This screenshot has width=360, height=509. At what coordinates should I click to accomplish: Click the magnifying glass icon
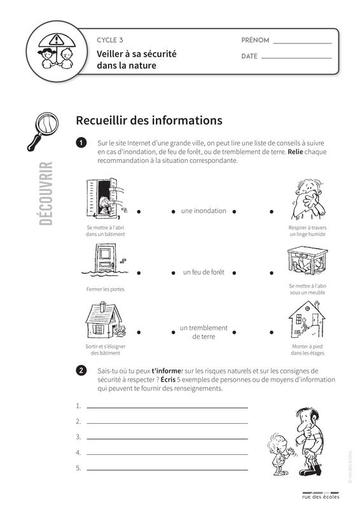click(43, 131)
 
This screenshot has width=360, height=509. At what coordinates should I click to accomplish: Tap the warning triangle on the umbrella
click(57, 39)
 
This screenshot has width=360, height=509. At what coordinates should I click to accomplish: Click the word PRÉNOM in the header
click(255, 40)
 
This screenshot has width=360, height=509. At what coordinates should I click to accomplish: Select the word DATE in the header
click(249, 56)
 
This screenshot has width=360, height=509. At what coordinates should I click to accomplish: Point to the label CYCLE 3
click(110, 40)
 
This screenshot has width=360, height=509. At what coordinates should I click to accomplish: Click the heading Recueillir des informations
click(149, 120)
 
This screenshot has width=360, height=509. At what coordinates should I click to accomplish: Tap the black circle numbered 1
click(81, 143)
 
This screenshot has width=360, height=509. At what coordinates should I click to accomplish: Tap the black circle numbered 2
click(81, 371)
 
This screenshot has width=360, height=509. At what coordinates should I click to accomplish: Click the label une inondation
click(204, 211)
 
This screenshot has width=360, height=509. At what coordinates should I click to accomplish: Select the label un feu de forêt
click(204, 272)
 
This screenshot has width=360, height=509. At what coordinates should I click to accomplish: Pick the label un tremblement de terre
click(204, 332)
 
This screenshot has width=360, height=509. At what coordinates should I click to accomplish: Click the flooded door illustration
click(104, 260)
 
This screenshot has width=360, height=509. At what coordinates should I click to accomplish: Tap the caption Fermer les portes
click(105, 289)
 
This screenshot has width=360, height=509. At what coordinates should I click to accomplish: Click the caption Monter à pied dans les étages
click(307, 349)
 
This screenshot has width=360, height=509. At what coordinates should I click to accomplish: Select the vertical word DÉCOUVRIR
click(46, 193)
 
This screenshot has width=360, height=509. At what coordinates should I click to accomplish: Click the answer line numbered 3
click(167, 439)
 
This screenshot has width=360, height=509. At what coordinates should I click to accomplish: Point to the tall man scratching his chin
click(310, 442)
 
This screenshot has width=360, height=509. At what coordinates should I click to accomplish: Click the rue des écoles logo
click(321, 496)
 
